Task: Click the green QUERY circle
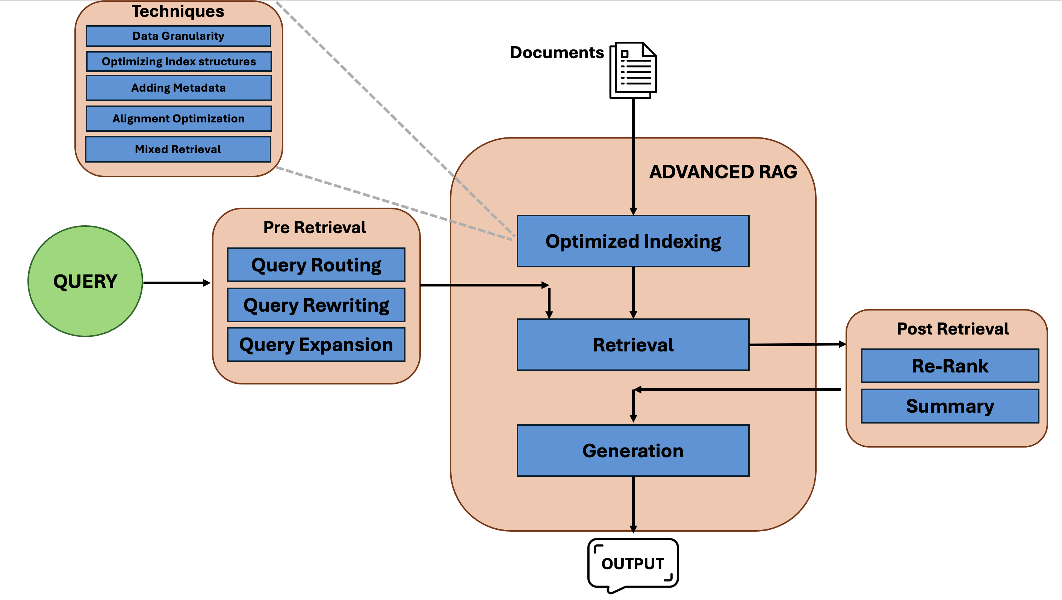pos(85,282)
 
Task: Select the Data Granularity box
pos(178,36)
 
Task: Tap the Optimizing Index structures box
pos(179,62)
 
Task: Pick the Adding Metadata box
pos(179,88)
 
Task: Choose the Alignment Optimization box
pos(179,119)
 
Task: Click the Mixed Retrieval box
pos(178,149)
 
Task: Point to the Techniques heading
pos(178,12)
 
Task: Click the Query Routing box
pos(316,265)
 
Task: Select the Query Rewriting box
pos(316,305)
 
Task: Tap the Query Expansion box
pos(316,345)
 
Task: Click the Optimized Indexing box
pos(633,241)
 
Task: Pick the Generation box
pos(633,451)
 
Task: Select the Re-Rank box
pos(949,366)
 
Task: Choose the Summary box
pos(949,406)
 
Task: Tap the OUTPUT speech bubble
pos(633,563)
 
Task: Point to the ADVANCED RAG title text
pos(723,172)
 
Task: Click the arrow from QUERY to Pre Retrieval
pos(177,283)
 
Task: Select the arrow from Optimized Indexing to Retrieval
pos(633,292)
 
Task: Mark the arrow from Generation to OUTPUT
pos(633,504)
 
